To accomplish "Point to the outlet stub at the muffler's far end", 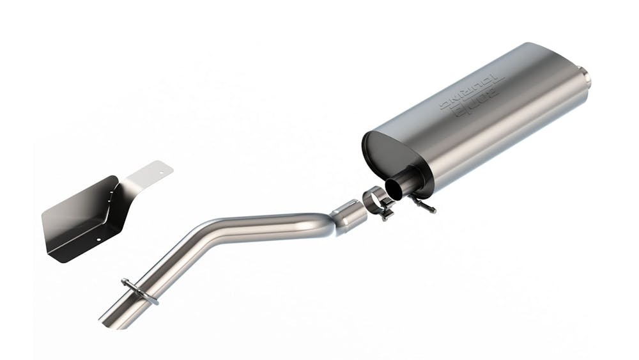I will click(x=585, y=75).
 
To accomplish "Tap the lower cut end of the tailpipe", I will click(x=107, y=320).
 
